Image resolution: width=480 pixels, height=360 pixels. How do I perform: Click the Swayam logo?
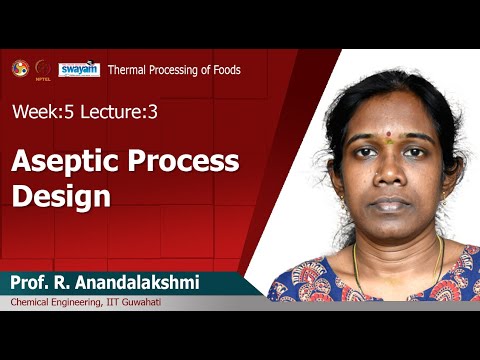pos(79,68)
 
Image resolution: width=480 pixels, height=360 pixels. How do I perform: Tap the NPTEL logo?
pos(43,69)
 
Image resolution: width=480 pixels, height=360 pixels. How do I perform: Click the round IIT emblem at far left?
pos(19,68)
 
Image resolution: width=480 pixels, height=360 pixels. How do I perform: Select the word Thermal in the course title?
pos(129,70)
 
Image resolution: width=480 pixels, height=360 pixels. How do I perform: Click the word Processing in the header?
pos(176,70)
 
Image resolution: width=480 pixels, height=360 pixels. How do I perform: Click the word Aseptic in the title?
pos(56,162)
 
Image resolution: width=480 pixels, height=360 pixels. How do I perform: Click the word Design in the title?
pos(59,195)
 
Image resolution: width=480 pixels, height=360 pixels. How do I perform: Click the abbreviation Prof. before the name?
pos(31,284)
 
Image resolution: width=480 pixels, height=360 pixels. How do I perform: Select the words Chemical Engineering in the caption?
pos(62,302)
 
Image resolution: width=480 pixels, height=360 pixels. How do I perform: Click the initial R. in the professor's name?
pos(65,284)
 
